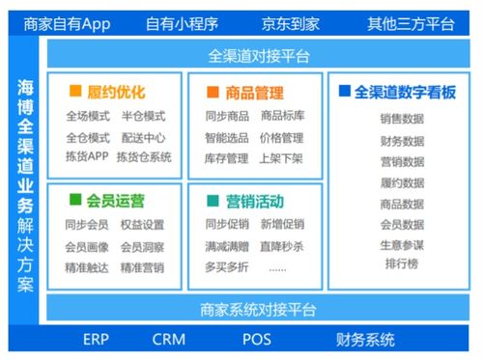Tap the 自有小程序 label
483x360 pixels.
click(x=183, y=21)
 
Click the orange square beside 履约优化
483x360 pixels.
click(x=74, y=92)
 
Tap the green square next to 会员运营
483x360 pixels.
click(x=74, y=200)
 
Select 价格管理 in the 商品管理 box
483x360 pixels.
click(x=282, y=137)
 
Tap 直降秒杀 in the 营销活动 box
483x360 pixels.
click(x=282, y=246)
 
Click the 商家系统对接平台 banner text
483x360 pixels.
click(x=259, y=310)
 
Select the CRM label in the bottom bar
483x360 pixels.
click(x=168, y=340)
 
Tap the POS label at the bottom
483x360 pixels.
click(x=256, y=340)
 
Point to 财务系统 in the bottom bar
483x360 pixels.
click(x=365, y=340)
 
